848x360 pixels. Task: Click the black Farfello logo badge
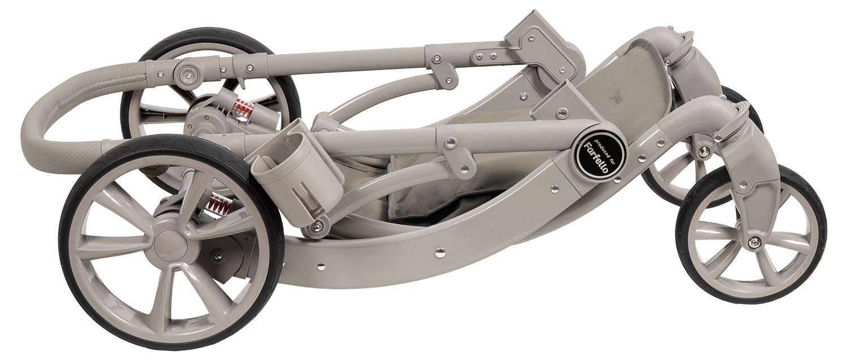[x=599, y=155]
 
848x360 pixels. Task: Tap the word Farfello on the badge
[x=596, y=158]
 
